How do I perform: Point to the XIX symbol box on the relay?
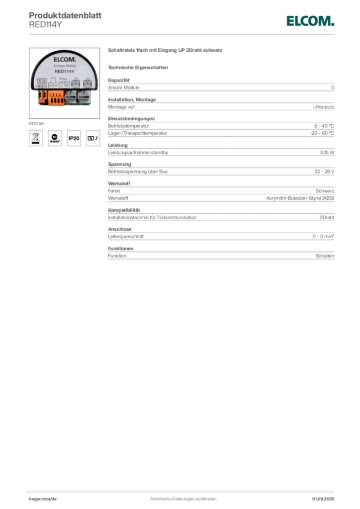pyautogui.click(x=42, y=81)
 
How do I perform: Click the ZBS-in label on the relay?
pyautogui.click(x=53, y=85)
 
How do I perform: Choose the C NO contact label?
pyautogui.click(x=64, y=85)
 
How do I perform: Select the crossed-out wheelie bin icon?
pyautogui.click(x=35, y=138)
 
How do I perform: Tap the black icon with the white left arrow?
pyautogui.click(x=55, y=138)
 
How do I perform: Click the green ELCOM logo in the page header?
pyautogui.click(x=310, y=21)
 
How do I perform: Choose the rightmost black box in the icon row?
pyautogui.click(x=92, y=138)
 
